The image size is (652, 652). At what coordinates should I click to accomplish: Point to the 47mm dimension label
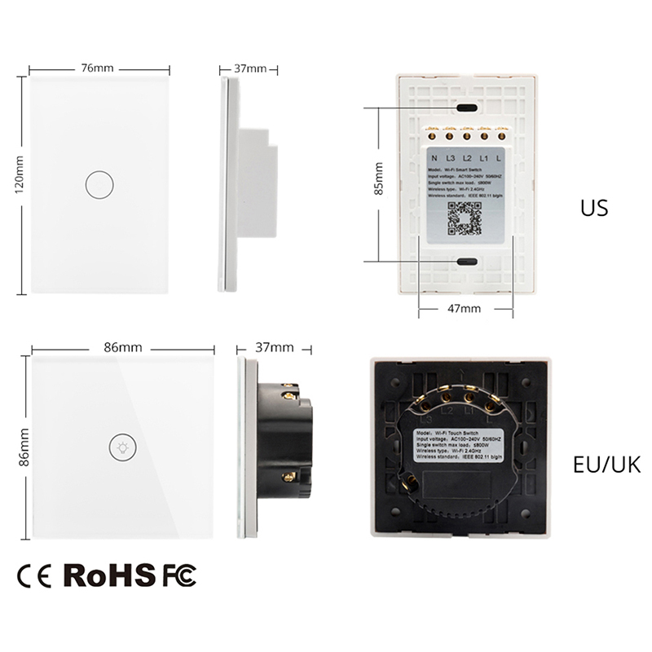coord(465,309)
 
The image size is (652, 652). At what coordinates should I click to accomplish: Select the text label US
coord(593,208)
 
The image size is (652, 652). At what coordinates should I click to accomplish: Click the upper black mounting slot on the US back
coord(467,107)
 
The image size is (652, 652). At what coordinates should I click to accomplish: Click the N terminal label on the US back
coord(434,158)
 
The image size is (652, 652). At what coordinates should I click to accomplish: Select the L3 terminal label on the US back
coord(450,158)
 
